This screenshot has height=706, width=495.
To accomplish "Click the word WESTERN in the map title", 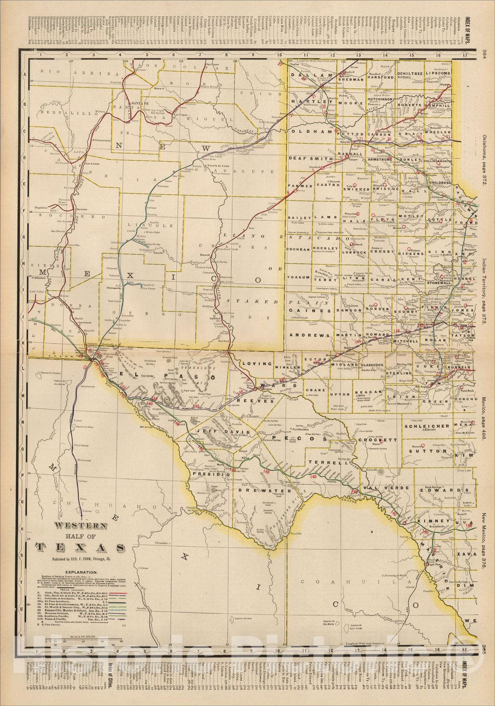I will (80, 526).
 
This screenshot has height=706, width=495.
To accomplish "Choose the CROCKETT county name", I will (378, 440).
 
